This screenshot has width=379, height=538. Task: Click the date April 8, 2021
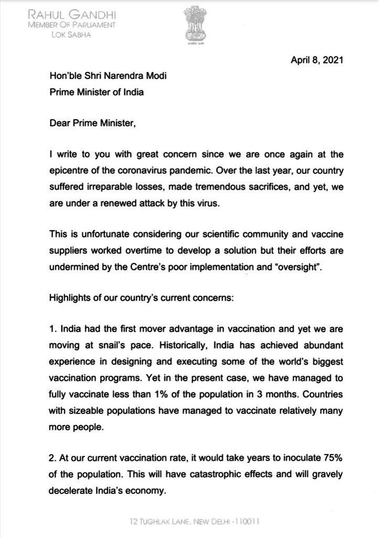click(317, 60)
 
